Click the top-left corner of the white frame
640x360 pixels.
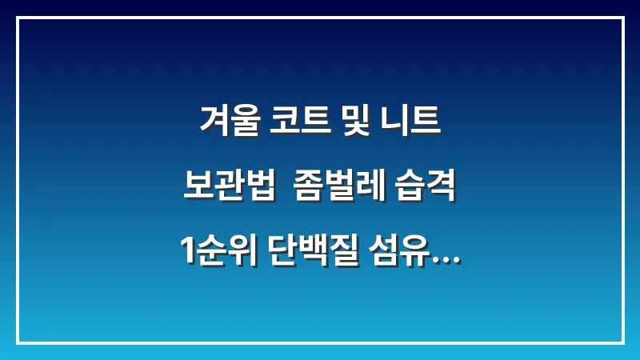(x=18, y=18)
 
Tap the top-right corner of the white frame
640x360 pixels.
(x=622, y=18)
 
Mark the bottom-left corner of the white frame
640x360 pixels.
(x=18, y=342)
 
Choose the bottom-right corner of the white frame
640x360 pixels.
(x=622, y=342)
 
